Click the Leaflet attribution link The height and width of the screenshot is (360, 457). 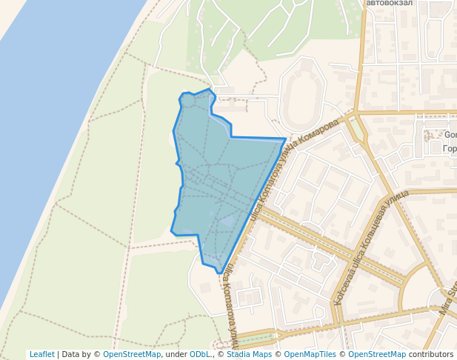click(x=41, y=354)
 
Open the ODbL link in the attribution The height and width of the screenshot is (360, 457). click(x=200, y=354)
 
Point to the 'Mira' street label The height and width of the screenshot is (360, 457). click(x=447, y=300)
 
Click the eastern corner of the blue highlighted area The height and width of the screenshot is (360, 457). click(x=285, y=139)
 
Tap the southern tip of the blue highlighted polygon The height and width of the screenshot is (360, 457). click(x=219, y=273)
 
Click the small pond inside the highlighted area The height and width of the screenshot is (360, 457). click(x=228, y=220)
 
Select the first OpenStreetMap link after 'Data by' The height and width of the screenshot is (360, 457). click(x=131, y=354)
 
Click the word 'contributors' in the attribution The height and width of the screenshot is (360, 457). click(x=431, y=354)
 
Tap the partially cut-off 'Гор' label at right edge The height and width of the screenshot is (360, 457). click(x=450, y=149)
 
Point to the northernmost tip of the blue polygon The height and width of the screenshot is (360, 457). click(x=210, y=90)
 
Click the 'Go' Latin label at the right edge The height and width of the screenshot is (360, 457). click(x=450, y=135)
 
